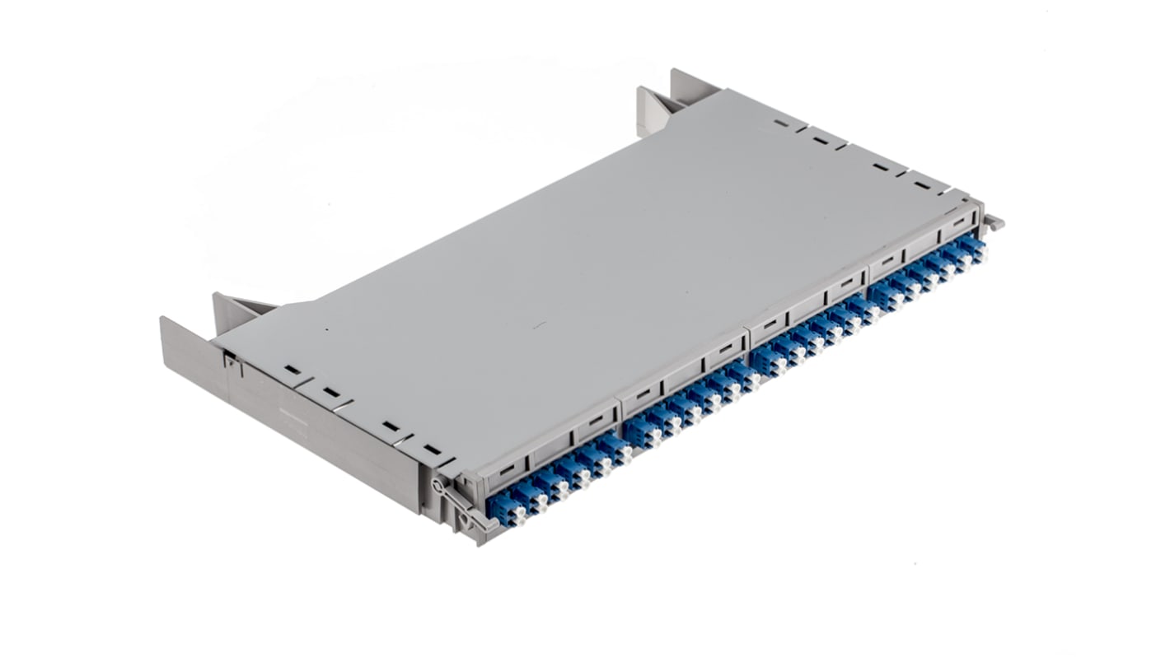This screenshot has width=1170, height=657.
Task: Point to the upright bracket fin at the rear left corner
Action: click(233, 310)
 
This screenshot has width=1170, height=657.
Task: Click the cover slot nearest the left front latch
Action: click(432, 450)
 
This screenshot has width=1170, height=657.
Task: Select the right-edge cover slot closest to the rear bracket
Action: click(779, 124)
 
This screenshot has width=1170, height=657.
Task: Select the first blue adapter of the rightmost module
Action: click(885, 295)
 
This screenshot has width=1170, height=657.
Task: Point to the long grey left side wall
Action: click(313, 428)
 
